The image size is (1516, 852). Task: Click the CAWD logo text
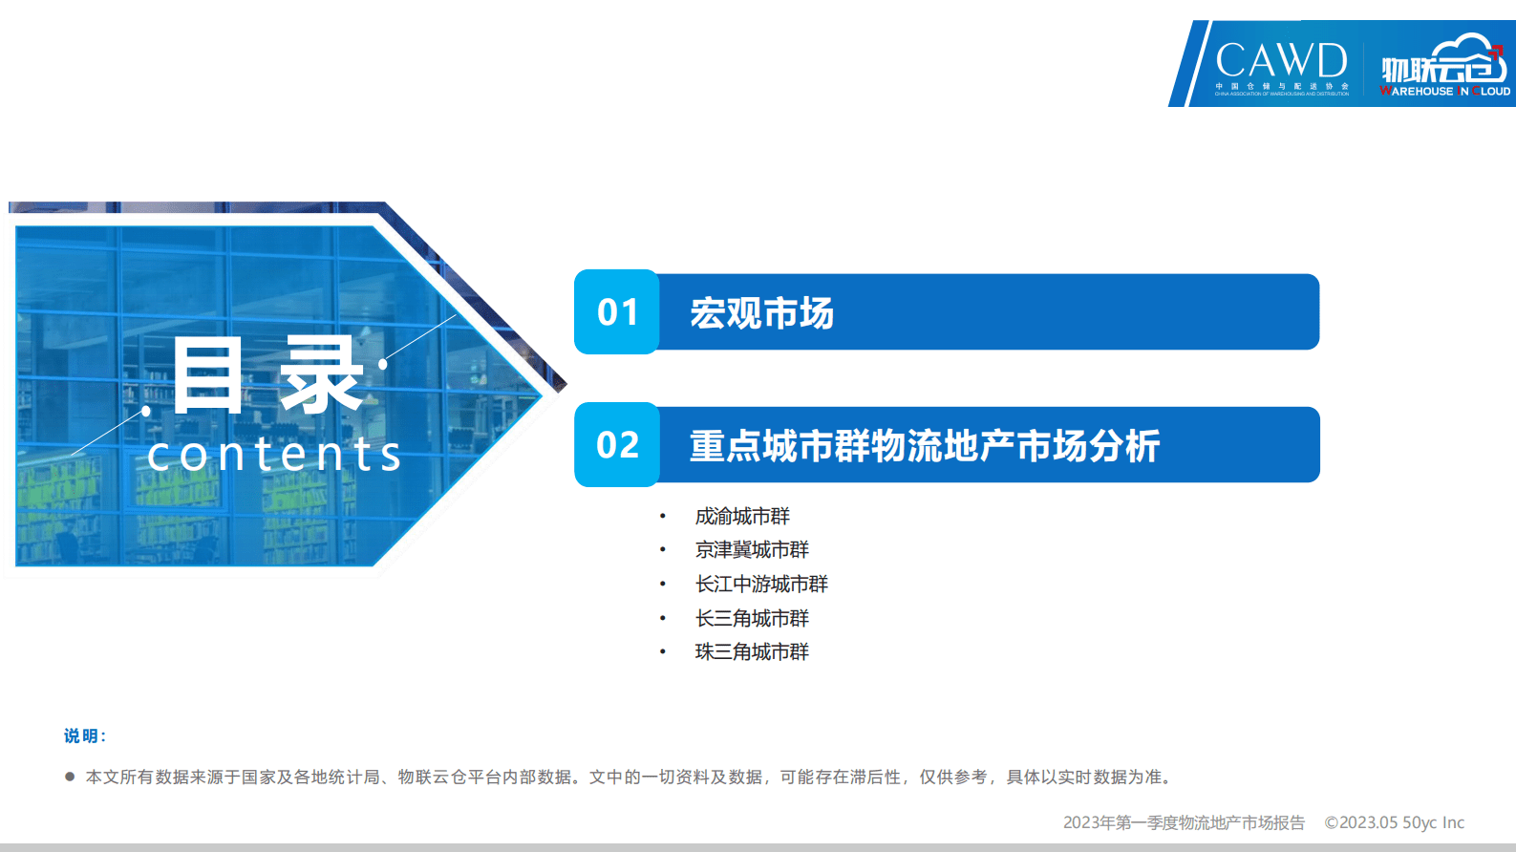[1281, 60]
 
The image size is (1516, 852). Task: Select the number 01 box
[617, 312]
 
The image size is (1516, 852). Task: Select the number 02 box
[617, 445]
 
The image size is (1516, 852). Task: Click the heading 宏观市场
[761, 313]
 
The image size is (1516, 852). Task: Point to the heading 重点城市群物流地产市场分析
[924, 446]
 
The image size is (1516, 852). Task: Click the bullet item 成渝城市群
[742, 517]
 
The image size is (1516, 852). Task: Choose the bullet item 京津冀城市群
[752, 550]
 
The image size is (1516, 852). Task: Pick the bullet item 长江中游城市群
[761, 585]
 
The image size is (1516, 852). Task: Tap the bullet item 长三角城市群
[752, 619]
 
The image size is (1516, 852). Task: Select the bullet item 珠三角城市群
[752, 652]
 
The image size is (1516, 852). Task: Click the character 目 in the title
[207, 376]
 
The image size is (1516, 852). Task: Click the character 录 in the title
[321, 376]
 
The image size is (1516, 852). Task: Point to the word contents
[274, 455]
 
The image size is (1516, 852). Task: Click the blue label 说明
[84, 736]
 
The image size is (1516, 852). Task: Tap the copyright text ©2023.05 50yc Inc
[1394, 822]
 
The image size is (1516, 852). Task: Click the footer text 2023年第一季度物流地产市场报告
[1184, 822]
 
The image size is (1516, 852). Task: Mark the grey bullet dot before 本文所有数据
[70, 777]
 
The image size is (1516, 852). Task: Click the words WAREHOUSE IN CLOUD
[1445, 92]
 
